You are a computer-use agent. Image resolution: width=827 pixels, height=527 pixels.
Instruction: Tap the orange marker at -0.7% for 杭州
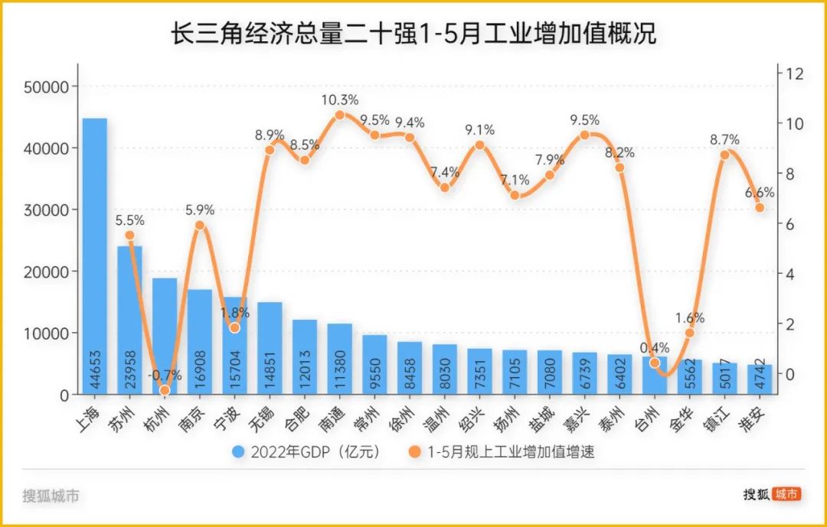pyautogui.click(x=165, y=390)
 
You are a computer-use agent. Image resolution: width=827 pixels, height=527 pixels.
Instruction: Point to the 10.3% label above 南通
pyautogui.click(x=339, y=100)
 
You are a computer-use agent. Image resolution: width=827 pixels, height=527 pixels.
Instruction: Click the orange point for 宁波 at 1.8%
pyautogui.click(x=234, y=327)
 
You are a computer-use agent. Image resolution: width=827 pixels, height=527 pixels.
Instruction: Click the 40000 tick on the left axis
pyautogui.click(x=47, y=148)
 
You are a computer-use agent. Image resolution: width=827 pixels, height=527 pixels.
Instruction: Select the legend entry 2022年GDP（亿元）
pyautogui.click(x=306, y=452)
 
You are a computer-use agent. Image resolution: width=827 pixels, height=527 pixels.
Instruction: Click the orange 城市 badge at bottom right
pyautogui.click(x=786, y=494)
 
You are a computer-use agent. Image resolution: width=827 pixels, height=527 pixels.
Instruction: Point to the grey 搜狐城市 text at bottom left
pyautogui.click(x=51, y=496)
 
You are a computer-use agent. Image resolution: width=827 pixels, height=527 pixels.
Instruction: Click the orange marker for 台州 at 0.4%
pyautogui.click(x=654, y=363)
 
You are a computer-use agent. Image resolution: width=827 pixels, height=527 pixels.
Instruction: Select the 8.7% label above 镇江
pyautogui.click(x=724, y=140)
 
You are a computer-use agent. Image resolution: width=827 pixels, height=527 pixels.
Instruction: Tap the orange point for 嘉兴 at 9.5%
pyautogui.click(x=584, y=135)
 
